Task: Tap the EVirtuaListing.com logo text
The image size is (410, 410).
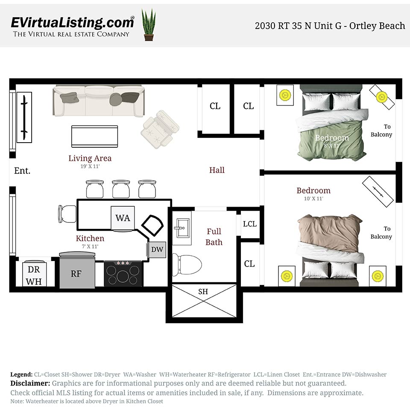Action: point(72,22)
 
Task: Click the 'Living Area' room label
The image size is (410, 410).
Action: point(90,158)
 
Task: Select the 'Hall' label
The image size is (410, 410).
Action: point(217,170)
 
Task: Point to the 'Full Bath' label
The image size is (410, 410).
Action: point(214,237)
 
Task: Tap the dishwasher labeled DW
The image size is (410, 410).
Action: point(157,249)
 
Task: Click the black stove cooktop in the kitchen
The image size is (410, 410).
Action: point(123,273)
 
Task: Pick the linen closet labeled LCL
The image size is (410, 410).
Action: point(249,224)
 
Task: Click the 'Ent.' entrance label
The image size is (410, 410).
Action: point(22,171)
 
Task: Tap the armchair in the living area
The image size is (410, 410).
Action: point(160,129)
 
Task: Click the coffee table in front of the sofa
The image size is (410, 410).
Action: point(94,136)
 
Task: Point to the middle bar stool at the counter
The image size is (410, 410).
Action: point(121,188)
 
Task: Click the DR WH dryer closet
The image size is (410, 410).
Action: point(34,274)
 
